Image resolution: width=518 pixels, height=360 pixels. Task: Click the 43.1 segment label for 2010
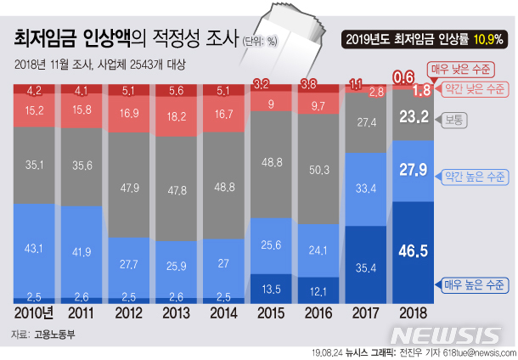pos(35,248)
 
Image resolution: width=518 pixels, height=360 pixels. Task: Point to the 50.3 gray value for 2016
pos(316,171)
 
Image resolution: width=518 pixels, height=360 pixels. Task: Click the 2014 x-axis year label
pos(222,312)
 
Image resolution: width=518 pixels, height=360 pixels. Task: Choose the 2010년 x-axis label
pos(35,312)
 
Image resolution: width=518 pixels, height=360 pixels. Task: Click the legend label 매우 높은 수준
pos(470,285)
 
